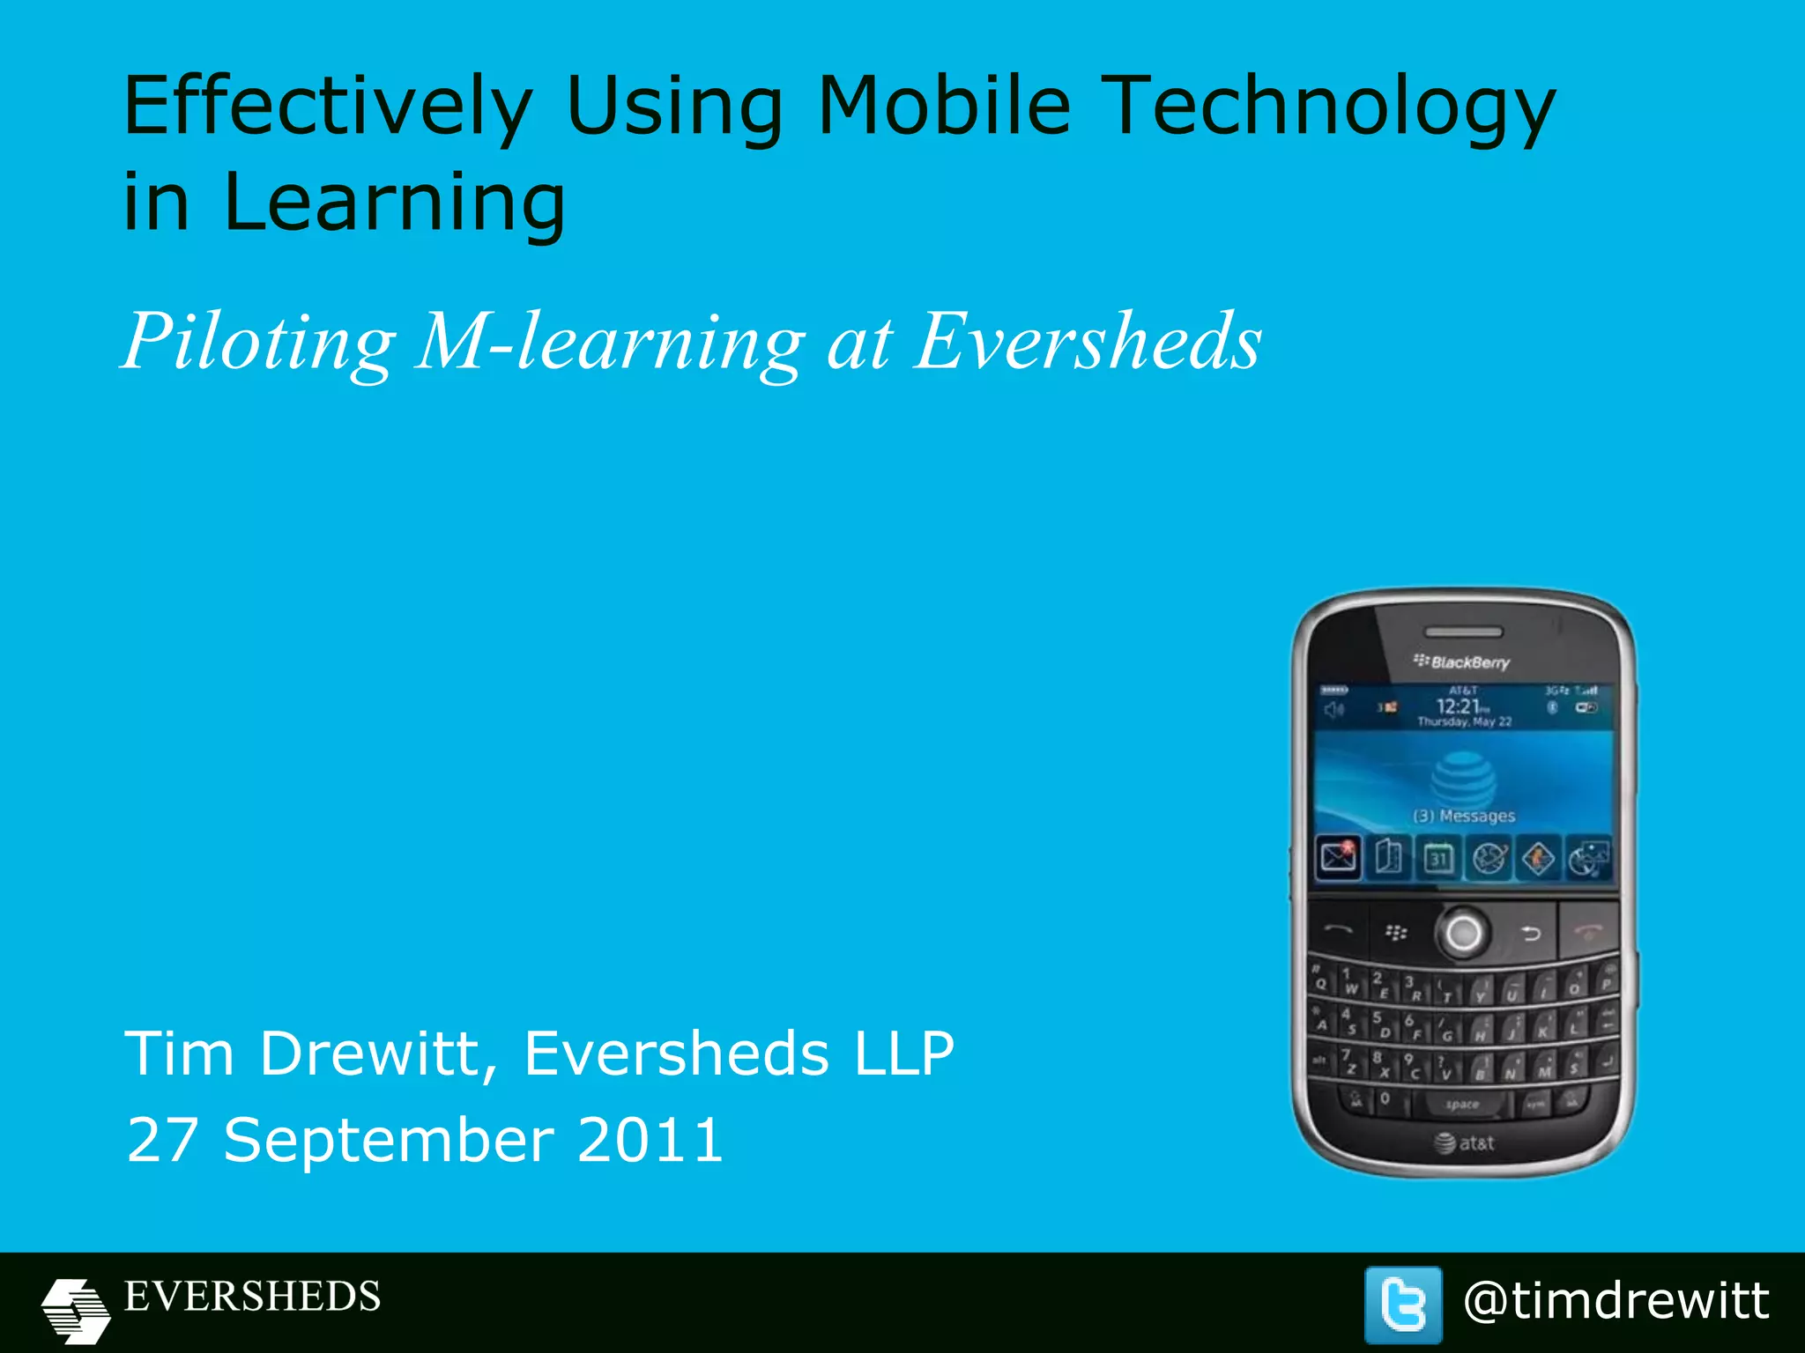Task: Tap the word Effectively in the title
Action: pos(328,107)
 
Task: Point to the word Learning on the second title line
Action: pos(394,203)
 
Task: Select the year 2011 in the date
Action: pos(650,1140)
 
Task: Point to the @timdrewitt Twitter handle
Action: pos(1616,1301)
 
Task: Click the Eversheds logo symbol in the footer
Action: pos(76,1310)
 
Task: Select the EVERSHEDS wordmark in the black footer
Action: pos(253,1297)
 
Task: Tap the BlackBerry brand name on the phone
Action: pos(1462,662)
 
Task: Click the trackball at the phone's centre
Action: pos(1463,932)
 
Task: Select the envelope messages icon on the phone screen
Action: pos(1338,856)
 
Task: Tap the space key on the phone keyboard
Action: pos(1462,1105)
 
